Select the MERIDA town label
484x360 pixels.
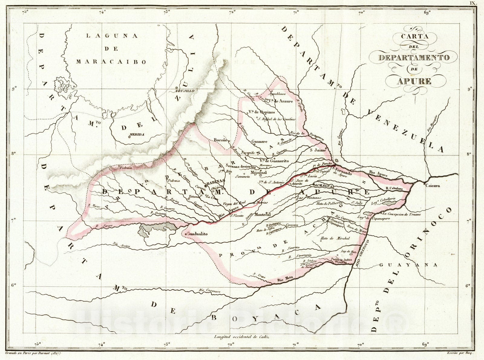pos(136,134)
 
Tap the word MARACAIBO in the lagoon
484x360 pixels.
pos(111,62)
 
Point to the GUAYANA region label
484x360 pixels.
pos(408,265)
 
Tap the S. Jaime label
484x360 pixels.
pos(318,150)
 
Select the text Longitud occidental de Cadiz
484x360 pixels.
pos(241,336)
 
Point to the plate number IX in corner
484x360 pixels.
pos(473,3)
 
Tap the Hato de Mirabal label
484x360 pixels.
pos(335,238)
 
